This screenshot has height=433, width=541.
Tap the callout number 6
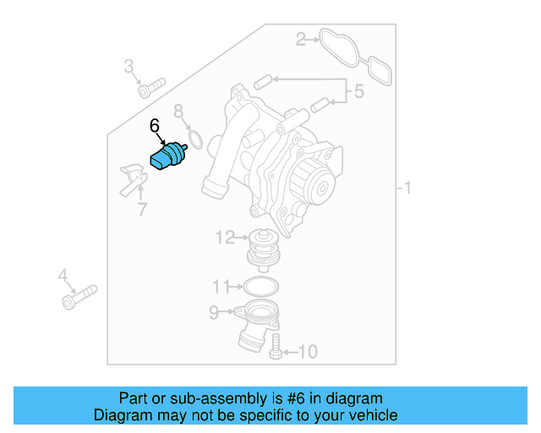point(155,126)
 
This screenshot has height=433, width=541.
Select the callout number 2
point(299,38)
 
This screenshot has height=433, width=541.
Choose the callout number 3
point(129,66)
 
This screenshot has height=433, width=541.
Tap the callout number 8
point(178,111)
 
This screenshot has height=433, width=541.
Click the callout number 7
point(141,209)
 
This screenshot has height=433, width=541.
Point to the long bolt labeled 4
point(79,295)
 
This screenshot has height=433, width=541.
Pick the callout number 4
point(62,275)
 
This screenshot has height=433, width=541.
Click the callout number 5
point(359,91)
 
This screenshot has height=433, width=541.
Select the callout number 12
point(225,238)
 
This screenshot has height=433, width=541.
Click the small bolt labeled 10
point(275,347)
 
